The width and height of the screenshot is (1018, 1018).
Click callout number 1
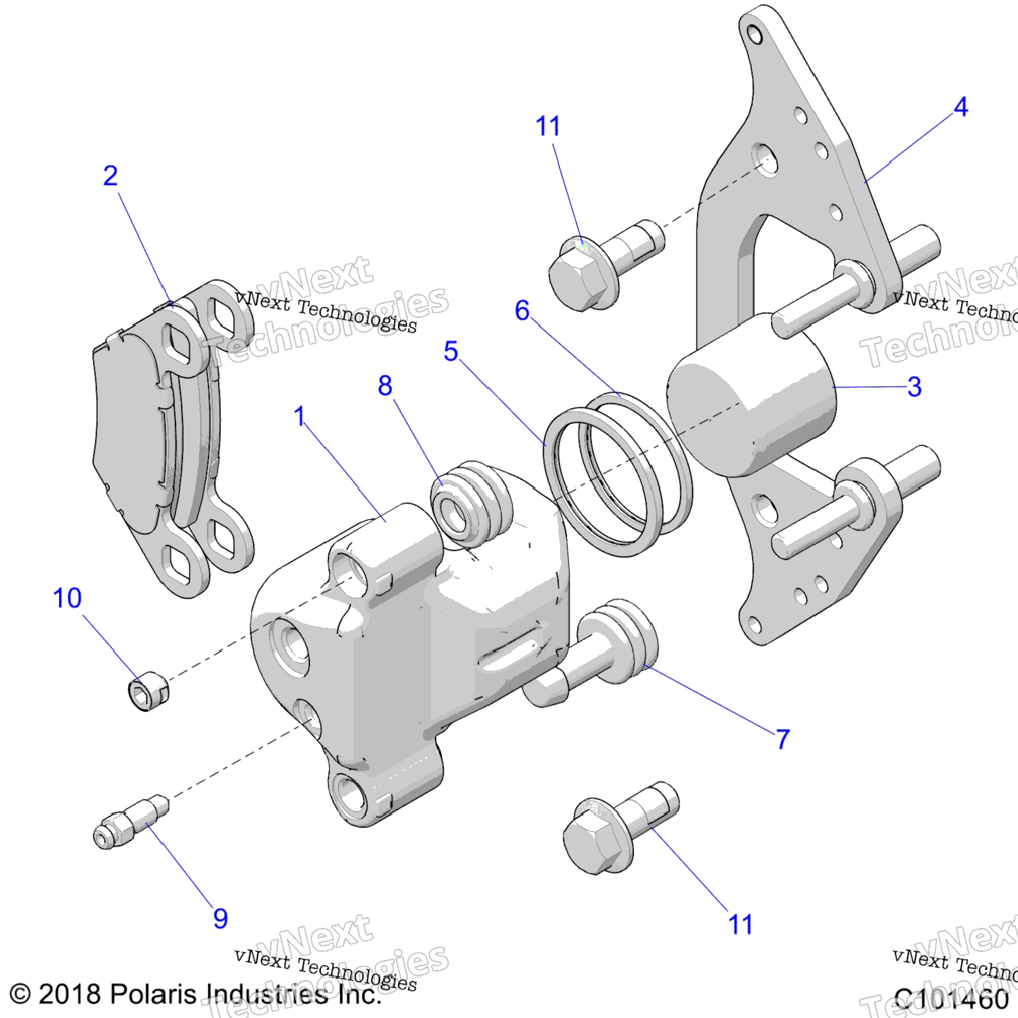(299, 416)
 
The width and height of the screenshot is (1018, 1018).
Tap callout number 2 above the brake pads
(111, 176)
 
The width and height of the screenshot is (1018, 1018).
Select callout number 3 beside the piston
(914, 386)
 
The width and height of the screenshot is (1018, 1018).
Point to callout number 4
(961, 107)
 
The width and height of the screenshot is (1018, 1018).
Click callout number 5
(450, 351)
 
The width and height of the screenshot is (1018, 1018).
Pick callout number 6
(522, 310)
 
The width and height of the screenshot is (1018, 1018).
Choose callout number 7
(782, 738)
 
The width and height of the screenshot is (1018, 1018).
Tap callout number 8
(385, 385)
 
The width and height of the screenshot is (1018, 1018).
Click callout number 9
(220, 918)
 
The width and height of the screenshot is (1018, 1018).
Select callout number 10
(67, 597)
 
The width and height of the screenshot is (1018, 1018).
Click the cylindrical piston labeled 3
(752, 395)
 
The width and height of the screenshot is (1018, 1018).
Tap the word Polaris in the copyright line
(153, 994)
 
